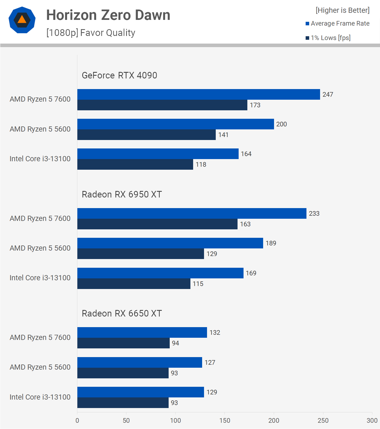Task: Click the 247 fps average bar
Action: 198,94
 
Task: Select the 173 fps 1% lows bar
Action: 162,105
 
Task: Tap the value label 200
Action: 281,124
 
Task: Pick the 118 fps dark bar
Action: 135,164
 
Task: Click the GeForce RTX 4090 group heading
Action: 119,75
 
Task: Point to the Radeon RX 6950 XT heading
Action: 122,194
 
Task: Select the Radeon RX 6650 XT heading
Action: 122,313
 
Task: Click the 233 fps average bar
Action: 191,213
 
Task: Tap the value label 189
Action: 271,243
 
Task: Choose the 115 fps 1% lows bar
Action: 134,284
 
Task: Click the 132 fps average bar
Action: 142,332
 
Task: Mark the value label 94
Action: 175,343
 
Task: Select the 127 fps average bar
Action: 139,362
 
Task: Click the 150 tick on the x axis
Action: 225,420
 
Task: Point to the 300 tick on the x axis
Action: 372,420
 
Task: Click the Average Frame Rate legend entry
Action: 338,23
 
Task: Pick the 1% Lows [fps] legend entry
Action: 328,38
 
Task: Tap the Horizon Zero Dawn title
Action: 108,15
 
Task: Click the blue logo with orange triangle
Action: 22,20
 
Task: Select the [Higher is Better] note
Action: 342,10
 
